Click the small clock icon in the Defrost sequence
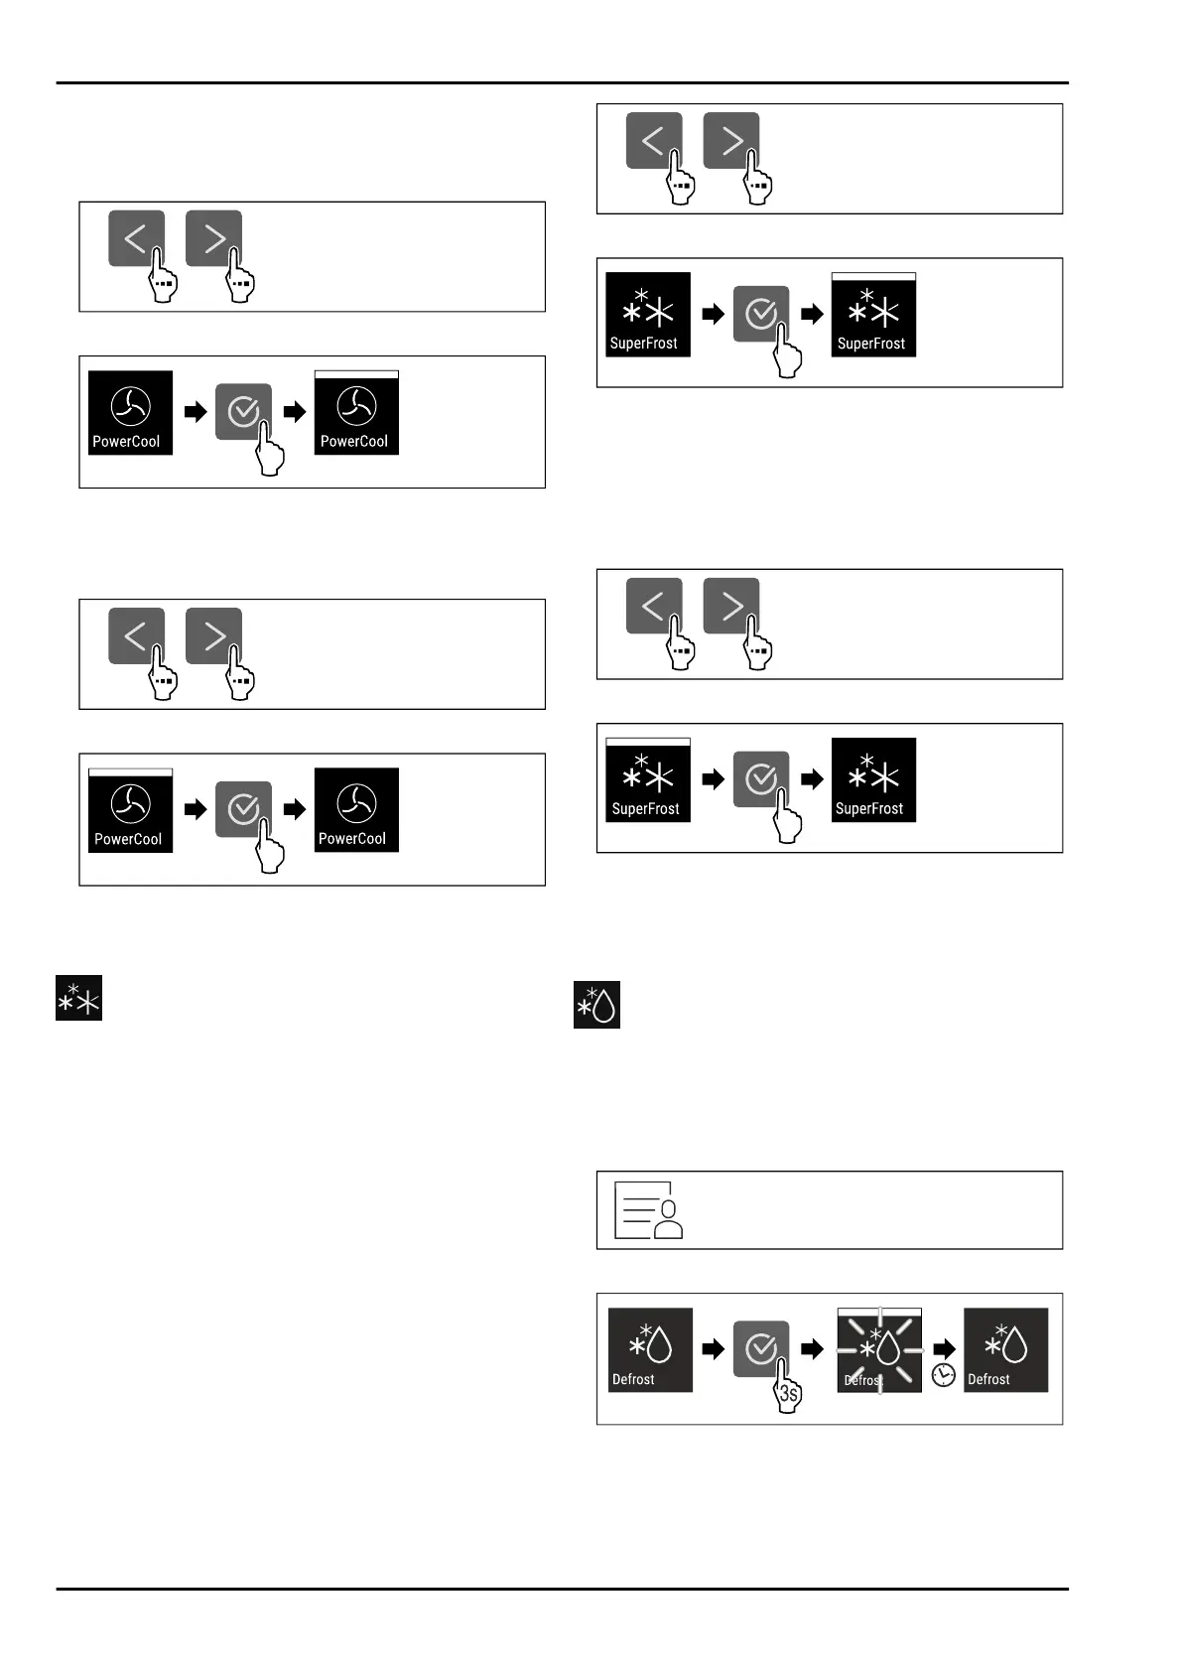[x=943, y=1374]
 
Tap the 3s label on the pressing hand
[x=788, y=1393]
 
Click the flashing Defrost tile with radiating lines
[x=879, y=1350]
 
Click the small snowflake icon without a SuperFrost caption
[x=78, y=999]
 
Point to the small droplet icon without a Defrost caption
[x=596, y=1005]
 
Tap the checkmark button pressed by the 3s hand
[x=760, y=1347]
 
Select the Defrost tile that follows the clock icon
[x=1005, y=1350]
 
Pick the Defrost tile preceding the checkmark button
[x=650, y=1350]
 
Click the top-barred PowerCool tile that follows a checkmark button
[x=356, y=413]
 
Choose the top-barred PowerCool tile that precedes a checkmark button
[x=130, y=810]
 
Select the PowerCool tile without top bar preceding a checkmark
[x=130, y=413]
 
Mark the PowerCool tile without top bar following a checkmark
[x=356, y=810]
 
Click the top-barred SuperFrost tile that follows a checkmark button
[x=873, y=315]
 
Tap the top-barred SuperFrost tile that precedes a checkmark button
[x=647, y=780]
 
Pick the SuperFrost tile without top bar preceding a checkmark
[x=647, y=315]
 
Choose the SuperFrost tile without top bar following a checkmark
[x=873, y=780]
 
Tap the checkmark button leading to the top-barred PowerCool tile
[x=242, y=411]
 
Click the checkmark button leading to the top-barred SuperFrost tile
[x=760, y=314]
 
